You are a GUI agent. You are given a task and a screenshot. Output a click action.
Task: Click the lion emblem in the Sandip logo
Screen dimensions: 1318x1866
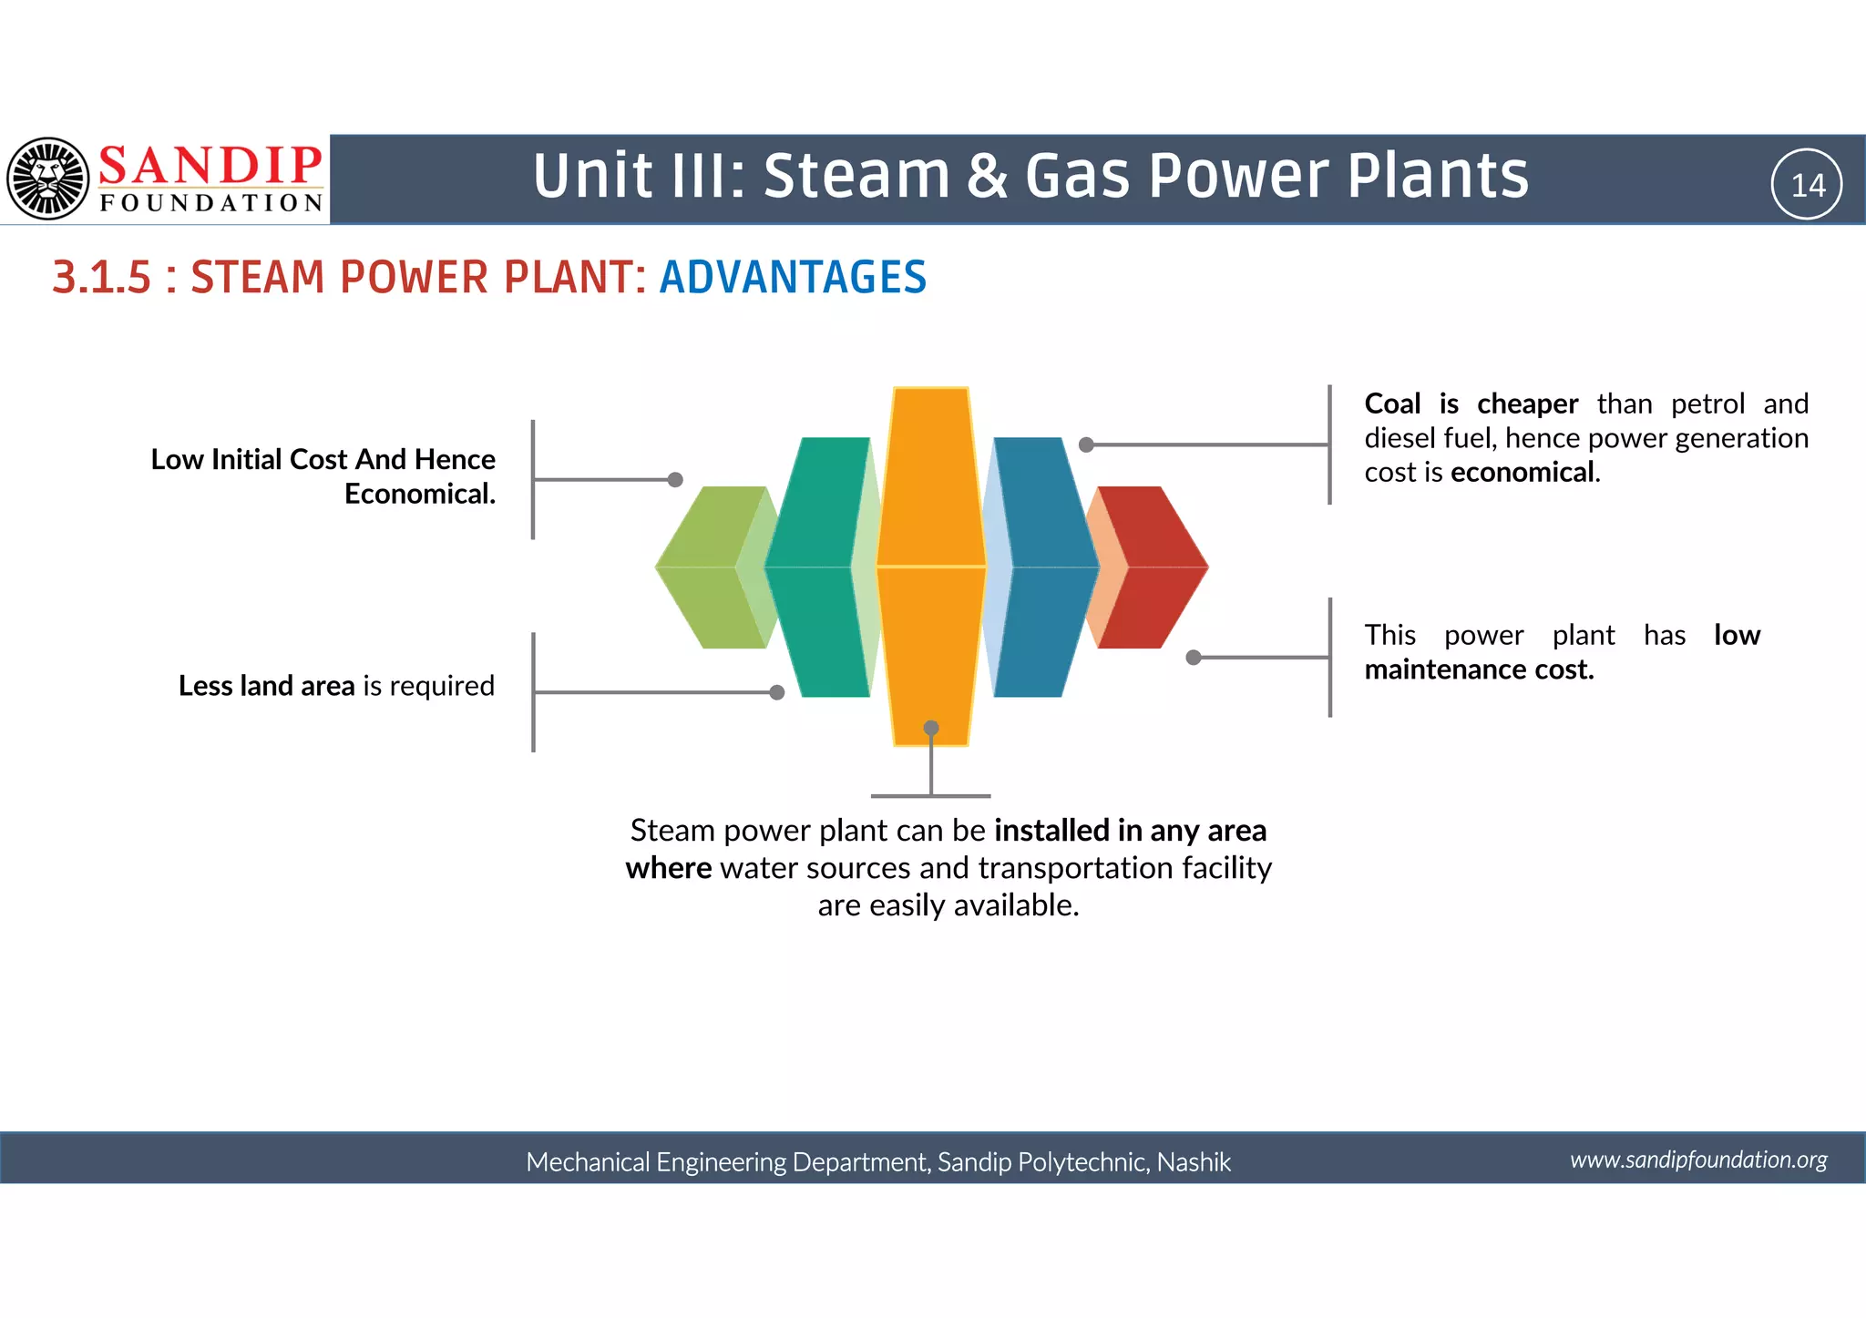[x=48, y=179]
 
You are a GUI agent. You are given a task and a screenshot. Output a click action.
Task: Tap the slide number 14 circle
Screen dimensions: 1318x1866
[x=1807, y=185]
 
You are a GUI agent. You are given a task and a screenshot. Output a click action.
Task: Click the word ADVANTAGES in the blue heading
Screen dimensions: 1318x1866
[x=793, y=278]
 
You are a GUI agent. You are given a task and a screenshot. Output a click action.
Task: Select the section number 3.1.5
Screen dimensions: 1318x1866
[x=101, y=278]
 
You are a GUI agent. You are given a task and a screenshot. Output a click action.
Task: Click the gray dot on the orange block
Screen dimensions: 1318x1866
[x=931, y=728]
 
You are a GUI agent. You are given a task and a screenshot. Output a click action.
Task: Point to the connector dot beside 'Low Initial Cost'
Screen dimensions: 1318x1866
[x=675, y=480]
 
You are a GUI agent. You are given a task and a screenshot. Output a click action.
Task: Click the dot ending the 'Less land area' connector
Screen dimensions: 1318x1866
[x=777, y=692]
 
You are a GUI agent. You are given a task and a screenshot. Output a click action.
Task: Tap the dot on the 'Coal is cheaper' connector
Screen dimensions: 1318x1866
[x=1086, y=444]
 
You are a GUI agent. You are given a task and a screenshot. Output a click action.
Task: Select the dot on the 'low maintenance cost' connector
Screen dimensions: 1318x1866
[x=1194, y=658]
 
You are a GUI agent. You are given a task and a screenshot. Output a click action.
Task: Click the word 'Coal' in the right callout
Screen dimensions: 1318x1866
[x=1392, y=404]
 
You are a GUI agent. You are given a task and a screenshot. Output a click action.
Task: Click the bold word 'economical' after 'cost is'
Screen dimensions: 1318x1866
[x=1523, y=473]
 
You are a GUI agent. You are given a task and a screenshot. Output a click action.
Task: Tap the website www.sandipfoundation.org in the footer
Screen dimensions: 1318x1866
[x=1698, y=1160]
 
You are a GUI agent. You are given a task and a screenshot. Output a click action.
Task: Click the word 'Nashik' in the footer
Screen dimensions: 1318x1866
[x=1194, y=1162]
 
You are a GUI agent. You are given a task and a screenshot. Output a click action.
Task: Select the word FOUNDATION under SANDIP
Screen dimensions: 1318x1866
[x=211, y=202]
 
